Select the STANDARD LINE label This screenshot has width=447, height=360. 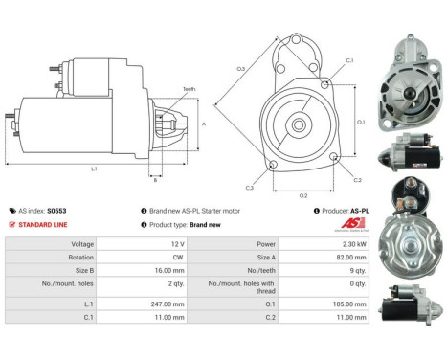click(x=41, y=224)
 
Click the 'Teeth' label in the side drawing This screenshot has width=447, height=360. click(x=189, y=89)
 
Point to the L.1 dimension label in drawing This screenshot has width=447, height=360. click(x=94, y=168)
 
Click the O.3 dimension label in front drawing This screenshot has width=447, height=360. click(x=240, y=68)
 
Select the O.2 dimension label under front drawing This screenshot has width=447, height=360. click(x=303, y=194)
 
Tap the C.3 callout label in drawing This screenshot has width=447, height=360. click(x=249, y=188)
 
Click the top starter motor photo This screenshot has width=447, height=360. click(x=412, y=77)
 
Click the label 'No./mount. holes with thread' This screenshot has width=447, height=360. click(x=237, y=285)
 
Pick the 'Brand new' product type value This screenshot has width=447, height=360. click(x=205, y=224)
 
